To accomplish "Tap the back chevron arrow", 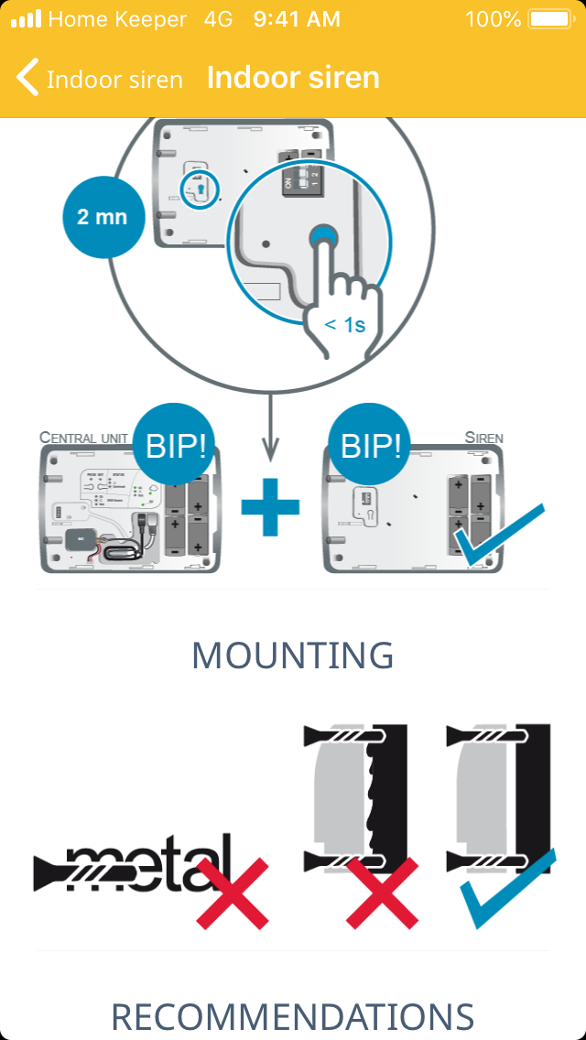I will tap(27, 78).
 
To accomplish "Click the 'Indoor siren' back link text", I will tap(114, 80).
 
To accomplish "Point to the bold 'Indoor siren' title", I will tap(293, 78).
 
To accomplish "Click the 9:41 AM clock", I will tap(297, 19).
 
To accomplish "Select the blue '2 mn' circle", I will tap(103, 217).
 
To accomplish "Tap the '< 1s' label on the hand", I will tap(345, 323).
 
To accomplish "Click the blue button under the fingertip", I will tap(323, 238).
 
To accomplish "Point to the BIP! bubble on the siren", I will tap(371, 447).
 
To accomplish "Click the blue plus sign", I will tap(270, 505).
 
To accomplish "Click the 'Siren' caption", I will tap(483, 438).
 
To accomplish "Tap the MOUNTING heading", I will tap(293, 655).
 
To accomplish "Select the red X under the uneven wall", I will tap(384, 894).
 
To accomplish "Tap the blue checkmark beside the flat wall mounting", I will tap(507, 888).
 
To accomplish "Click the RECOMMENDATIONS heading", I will tap(293, 1017).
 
